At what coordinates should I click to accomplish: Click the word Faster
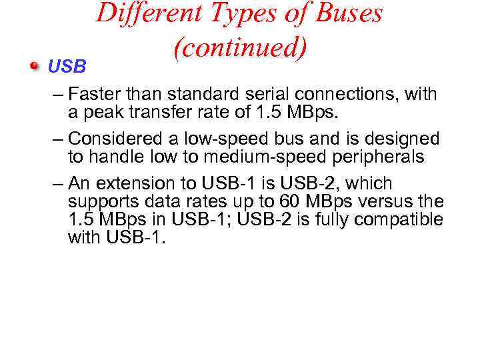point(92,95)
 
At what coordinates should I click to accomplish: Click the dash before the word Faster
point(57,95)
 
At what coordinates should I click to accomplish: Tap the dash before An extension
point(57,184)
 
